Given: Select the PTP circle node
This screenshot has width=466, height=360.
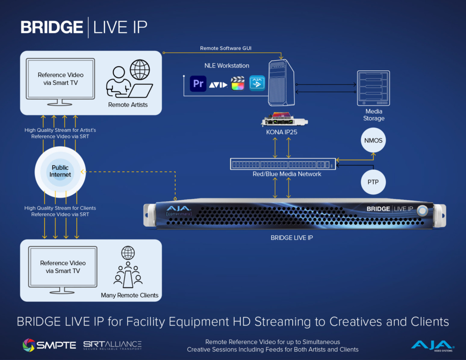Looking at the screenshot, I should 373,182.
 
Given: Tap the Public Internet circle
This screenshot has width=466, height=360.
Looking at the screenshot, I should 60,171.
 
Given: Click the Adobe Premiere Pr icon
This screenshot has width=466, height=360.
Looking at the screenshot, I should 198,84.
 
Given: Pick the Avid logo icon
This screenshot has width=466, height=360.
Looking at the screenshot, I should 218,85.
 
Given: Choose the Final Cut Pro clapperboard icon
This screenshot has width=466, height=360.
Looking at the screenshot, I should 238,84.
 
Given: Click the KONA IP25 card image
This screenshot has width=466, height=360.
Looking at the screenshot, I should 284,120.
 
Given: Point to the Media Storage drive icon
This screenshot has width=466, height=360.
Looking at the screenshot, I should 373,88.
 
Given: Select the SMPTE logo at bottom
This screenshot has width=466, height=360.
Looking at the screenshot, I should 49,345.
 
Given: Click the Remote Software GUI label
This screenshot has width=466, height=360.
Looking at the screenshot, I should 226,48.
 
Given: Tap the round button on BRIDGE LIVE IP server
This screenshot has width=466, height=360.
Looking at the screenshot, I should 422,210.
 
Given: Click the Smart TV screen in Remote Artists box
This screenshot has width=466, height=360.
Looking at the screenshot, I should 61,78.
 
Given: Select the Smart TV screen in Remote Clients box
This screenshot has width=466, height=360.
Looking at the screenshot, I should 62,266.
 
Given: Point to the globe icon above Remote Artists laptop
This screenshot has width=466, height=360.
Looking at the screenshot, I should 139,70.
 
